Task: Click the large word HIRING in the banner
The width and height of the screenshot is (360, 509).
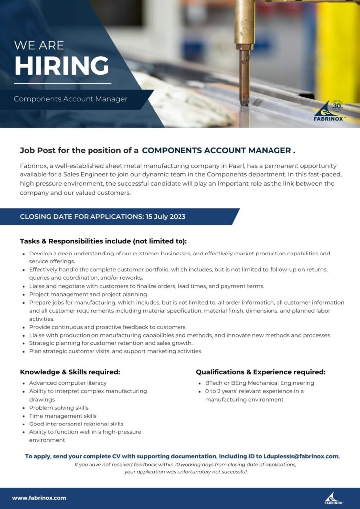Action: [x=62, y=66]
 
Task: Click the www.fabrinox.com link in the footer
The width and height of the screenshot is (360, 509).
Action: [x=39, y=498]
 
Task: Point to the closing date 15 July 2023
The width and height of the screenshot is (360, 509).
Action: [x=166, y=217]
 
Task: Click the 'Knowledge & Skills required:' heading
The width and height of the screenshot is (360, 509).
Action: [x=70, y=372]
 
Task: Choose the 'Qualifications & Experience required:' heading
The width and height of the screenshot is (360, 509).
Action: [x=261, y=372]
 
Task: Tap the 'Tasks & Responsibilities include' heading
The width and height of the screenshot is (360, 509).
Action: [x=103, y=241]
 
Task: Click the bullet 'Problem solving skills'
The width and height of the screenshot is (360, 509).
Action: [x=59, y=408]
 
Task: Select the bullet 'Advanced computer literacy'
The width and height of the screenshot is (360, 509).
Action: [x=68, y=383]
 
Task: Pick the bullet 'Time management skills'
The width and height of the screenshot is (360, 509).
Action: [x=63, y=416]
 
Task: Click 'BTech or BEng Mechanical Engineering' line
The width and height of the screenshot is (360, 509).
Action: [x=260, y=383]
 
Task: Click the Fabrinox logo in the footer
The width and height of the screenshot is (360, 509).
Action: [x=333, y=498]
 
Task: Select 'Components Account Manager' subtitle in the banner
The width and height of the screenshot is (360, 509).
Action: [x=71, y=99]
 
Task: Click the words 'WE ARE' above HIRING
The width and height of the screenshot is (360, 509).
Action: [x=39, y=45]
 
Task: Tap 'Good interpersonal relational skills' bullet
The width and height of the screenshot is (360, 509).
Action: [x=76, y=424]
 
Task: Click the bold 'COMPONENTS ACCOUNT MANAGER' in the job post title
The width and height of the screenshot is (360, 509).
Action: [x=216, y=150]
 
